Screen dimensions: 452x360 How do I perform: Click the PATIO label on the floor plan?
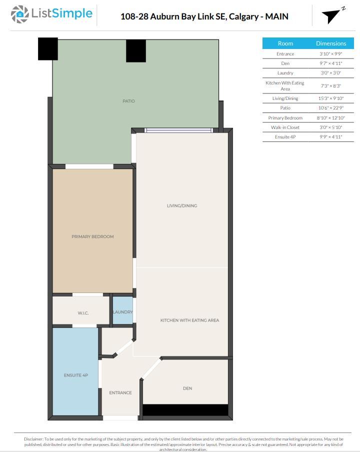coord(128,101)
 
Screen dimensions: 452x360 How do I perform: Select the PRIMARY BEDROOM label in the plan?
coord(92,236)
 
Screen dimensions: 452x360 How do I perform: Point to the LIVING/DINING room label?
coord(182,205)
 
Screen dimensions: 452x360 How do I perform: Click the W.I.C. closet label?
coord(83,313)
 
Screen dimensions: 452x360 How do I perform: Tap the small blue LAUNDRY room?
coord(122,311)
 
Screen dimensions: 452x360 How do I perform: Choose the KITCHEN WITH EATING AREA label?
coord(189,320)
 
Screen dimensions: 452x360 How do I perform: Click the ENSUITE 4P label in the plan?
coord(75,375)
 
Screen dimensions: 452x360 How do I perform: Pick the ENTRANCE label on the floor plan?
coord(120,392)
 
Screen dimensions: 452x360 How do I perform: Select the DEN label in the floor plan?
coord(187,388)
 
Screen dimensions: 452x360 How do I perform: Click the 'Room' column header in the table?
coord(285,43)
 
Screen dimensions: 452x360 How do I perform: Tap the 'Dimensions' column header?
coord(331,43)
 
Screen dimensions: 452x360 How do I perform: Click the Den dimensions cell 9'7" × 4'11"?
coord(331,63)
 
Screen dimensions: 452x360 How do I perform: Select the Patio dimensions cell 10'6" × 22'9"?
coord(331,108)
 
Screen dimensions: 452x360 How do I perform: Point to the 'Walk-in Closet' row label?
coord(285,127)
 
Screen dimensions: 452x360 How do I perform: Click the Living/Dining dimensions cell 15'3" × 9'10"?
coord(331,98)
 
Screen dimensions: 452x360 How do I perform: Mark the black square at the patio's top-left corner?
coord(48,48)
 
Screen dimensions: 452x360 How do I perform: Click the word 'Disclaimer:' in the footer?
coord(33,439)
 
